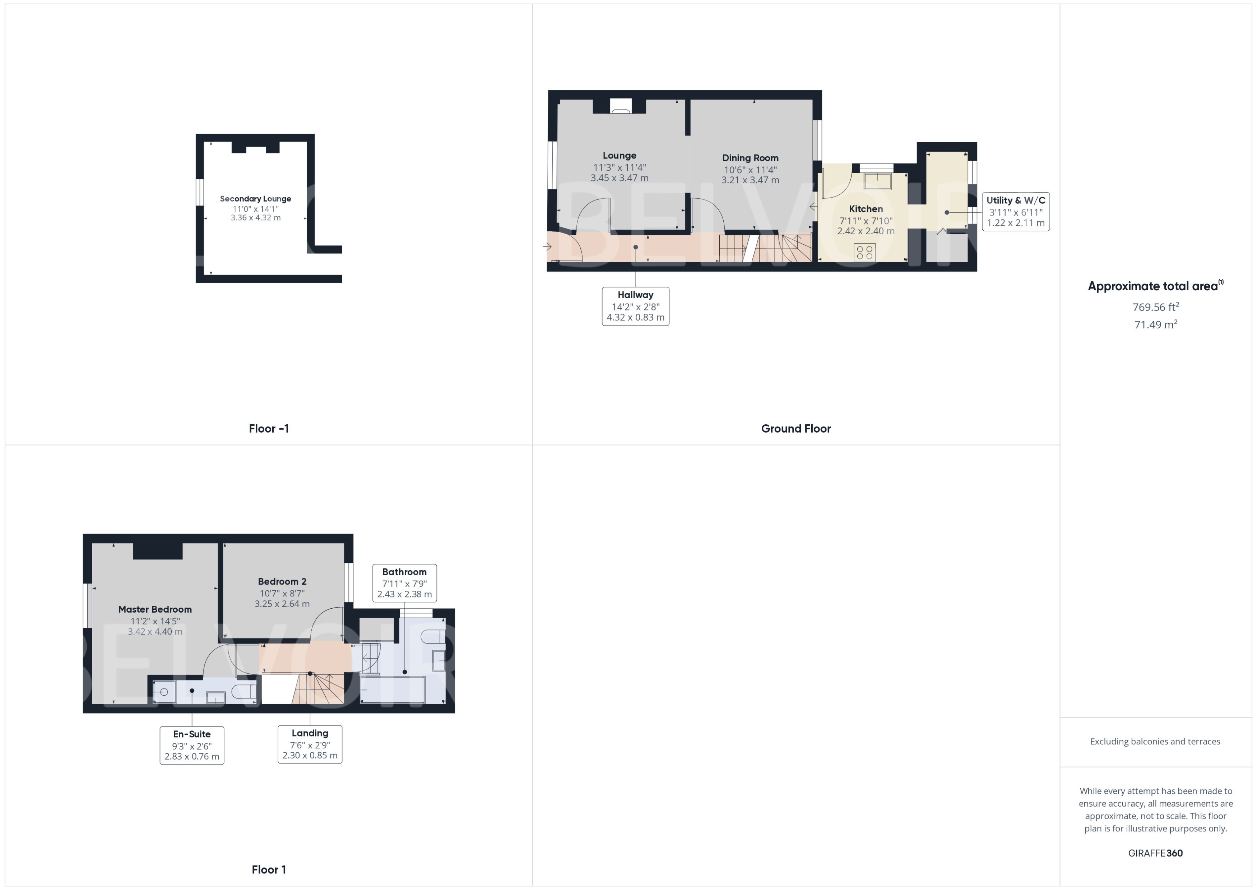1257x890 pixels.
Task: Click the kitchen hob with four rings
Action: pyautogui.click(x=864, y=253)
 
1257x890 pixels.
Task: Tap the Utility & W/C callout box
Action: pyautogui.click(x=1015, y=212)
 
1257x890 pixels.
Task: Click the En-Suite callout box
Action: pyautogui.click(x=192, y=745)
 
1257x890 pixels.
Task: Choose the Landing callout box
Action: pyautogui.click(x=310, y=744)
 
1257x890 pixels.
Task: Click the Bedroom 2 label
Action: pyautogui.click(x=282, y=581)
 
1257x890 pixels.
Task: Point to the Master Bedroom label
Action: pyautogui.click(x=155, y=609)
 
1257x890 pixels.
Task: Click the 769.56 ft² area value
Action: pyautogui.click(x=1155, y=307)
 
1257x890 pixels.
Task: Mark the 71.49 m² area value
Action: pyautogui.click(x=1155, y=324)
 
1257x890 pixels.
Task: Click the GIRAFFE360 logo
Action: pyautogui.click(x=1155, y=853)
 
